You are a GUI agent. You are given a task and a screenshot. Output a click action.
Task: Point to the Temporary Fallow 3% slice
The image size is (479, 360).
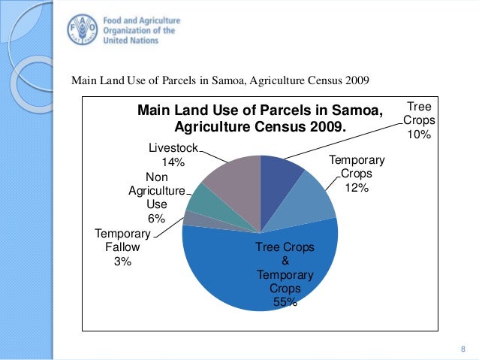pyautogui.click(x=191, y=219)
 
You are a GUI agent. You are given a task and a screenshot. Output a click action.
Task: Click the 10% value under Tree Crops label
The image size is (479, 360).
pyautogui.click(x=417, y=135)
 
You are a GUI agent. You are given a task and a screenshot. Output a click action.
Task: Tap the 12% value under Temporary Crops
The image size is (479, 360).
pyautogui.click(x=356, y=188)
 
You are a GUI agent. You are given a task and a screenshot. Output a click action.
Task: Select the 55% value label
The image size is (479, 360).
pyautogui.click(x=285, y=303)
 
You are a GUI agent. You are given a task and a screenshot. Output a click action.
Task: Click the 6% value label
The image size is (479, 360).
pyautogui.click(x=156, y=218)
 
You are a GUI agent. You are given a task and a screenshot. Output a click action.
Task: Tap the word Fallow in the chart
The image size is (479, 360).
pyautogui.click(x=122, y=247)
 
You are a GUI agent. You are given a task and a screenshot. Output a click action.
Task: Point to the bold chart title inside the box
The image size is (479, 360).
pyautogui.click(x=260, y=119)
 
